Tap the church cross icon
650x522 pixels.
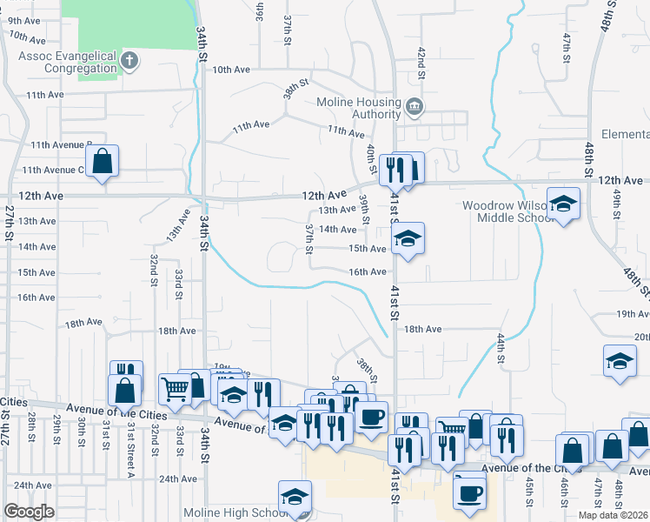click(129, 61)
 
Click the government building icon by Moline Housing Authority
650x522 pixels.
click(415, 107)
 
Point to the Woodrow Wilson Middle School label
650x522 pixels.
click(504, 211)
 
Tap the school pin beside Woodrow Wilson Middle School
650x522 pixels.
click(563, 205)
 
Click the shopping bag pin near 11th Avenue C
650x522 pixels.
click(103, 161)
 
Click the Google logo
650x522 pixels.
click(30, 511)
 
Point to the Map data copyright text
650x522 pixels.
click(612, 515)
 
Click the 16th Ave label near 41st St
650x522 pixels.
click(367, 272)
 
